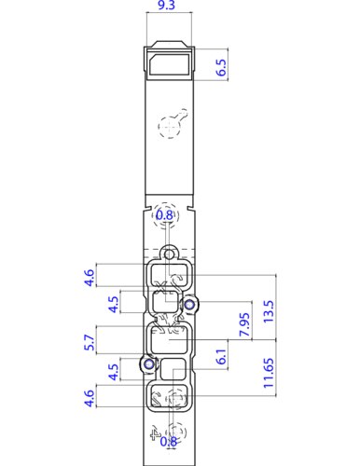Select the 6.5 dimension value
(222, 67)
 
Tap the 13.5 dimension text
(270, 308)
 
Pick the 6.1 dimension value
(221, 358)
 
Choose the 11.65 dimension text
(269, 372)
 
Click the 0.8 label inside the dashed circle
(165, 215)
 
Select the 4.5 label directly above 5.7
(112, 305)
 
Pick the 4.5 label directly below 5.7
(113, 372)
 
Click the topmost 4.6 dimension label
(90, 278)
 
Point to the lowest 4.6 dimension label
(90, 398)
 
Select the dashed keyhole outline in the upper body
(173, 123)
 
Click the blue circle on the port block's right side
(189, 304)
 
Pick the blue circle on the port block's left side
(146, 363)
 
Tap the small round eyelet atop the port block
(169, 253)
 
